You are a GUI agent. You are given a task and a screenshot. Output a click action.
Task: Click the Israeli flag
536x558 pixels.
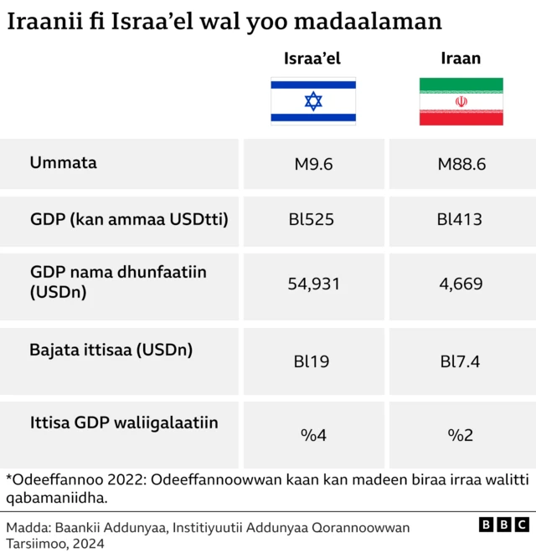click(312, 101)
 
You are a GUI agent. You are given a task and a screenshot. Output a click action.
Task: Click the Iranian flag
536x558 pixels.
click(461, 101)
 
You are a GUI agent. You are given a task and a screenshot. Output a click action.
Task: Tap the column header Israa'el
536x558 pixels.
click(312, 59)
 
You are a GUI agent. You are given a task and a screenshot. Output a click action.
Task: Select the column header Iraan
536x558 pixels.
click(461, 59)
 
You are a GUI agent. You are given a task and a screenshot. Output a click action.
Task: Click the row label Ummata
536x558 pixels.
click(64, 162)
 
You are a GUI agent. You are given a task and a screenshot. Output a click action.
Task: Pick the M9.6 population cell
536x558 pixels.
click(313, 164)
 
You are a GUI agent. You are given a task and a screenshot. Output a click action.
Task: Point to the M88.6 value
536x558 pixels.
click(461, 164)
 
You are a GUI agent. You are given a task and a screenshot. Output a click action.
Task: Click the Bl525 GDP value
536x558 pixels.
click(312, 220)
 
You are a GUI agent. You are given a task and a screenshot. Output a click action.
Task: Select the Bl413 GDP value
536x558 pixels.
click(460, 220)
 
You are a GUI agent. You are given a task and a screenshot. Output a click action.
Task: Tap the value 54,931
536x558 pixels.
click(313, 284)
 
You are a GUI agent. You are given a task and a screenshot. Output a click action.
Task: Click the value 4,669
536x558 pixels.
click(461, 284)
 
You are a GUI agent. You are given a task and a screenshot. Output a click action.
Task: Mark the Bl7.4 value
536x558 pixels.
click(461, 362)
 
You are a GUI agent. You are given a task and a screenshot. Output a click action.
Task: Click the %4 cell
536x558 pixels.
click(313, 435)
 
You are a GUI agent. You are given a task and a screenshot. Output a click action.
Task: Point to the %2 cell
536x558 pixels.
click(461, 435)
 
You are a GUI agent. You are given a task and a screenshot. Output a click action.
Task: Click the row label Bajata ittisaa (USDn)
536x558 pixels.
click(111, 351)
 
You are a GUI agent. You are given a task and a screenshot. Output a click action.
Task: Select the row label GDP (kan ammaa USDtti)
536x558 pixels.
click(129, 220)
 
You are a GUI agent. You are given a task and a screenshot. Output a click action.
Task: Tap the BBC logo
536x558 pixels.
click(504, 525)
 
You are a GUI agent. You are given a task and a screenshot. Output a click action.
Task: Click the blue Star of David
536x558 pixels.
click(312, 101)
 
